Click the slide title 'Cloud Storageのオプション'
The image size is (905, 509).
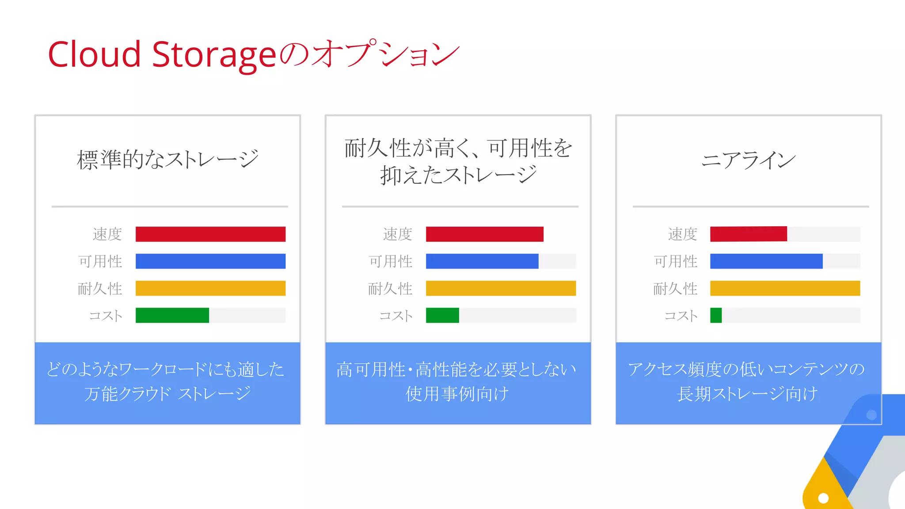[254, 54]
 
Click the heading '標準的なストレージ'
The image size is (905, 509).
[167, 159]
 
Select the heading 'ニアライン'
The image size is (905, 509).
[748, 160]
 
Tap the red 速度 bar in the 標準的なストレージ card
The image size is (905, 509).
[210, 234]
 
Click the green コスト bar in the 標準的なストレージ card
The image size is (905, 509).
[172, 315]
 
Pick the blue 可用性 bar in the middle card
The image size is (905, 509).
[482, 261]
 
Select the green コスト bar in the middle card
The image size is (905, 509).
[442, 315]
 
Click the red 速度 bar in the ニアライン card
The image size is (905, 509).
[748, 234]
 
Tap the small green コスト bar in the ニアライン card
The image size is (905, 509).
[716, 315]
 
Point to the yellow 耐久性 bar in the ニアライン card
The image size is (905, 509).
[785, 288]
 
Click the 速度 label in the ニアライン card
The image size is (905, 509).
[682, 234]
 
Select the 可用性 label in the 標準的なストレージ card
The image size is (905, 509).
[100, 261]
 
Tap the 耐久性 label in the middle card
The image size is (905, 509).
[390, 289]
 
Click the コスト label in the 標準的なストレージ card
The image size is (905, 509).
[106, 315]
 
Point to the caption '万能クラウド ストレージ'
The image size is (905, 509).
[167, 393]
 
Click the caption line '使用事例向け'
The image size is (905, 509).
[457, 393]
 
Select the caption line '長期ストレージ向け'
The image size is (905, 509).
[748, 393]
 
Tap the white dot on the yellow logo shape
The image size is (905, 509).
[823, 498]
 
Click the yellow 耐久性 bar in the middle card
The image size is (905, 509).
[501, 288]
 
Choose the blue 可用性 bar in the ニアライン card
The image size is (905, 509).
[766, 261]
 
